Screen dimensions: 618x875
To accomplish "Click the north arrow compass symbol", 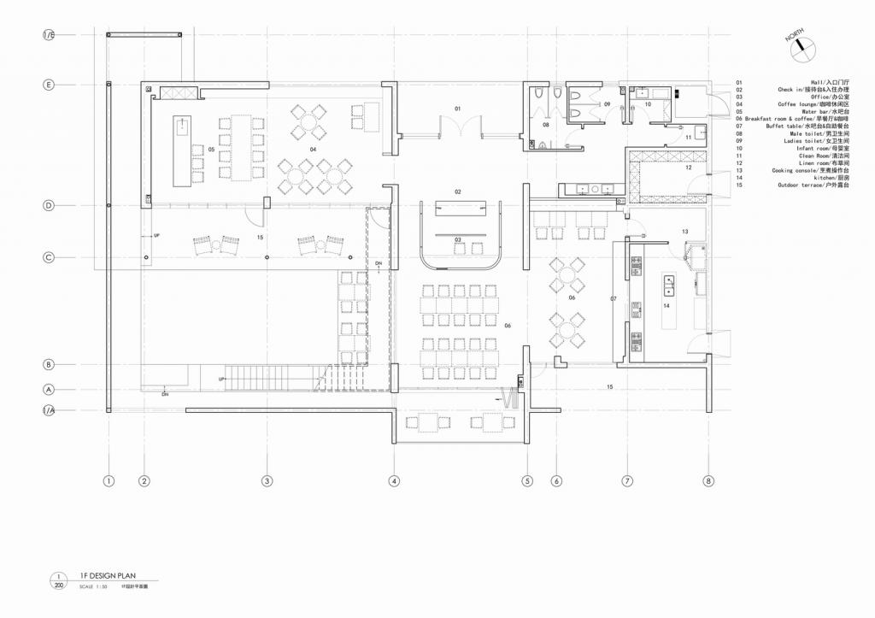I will [799, 46].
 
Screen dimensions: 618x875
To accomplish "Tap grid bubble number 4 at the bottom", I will [394, 481].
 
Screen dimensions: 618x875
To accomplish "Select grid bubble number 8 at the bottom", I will [708, 481].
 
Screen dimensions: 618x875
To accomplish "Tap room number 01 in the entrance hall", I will [457, 109].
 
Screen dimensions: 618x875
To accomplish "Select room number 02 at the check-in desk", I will [457, 192].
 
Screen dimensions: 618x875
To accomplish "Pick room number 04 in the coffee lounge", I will [314, 150].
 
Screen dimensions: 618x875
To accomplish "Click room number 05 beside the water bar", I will [210, 150].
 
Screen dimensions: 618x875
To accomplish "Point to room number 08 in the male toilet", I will [546, 125].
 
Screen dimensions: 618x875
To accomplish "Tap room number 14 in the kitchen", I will [667, 304].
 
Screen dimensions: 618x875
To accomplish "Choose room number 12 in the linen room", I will [689, 168].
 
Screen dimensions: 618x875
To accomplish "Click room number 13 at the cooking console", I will [684, 232].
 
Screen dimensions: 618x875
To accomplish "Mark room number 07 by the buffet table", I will [613, 298].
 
